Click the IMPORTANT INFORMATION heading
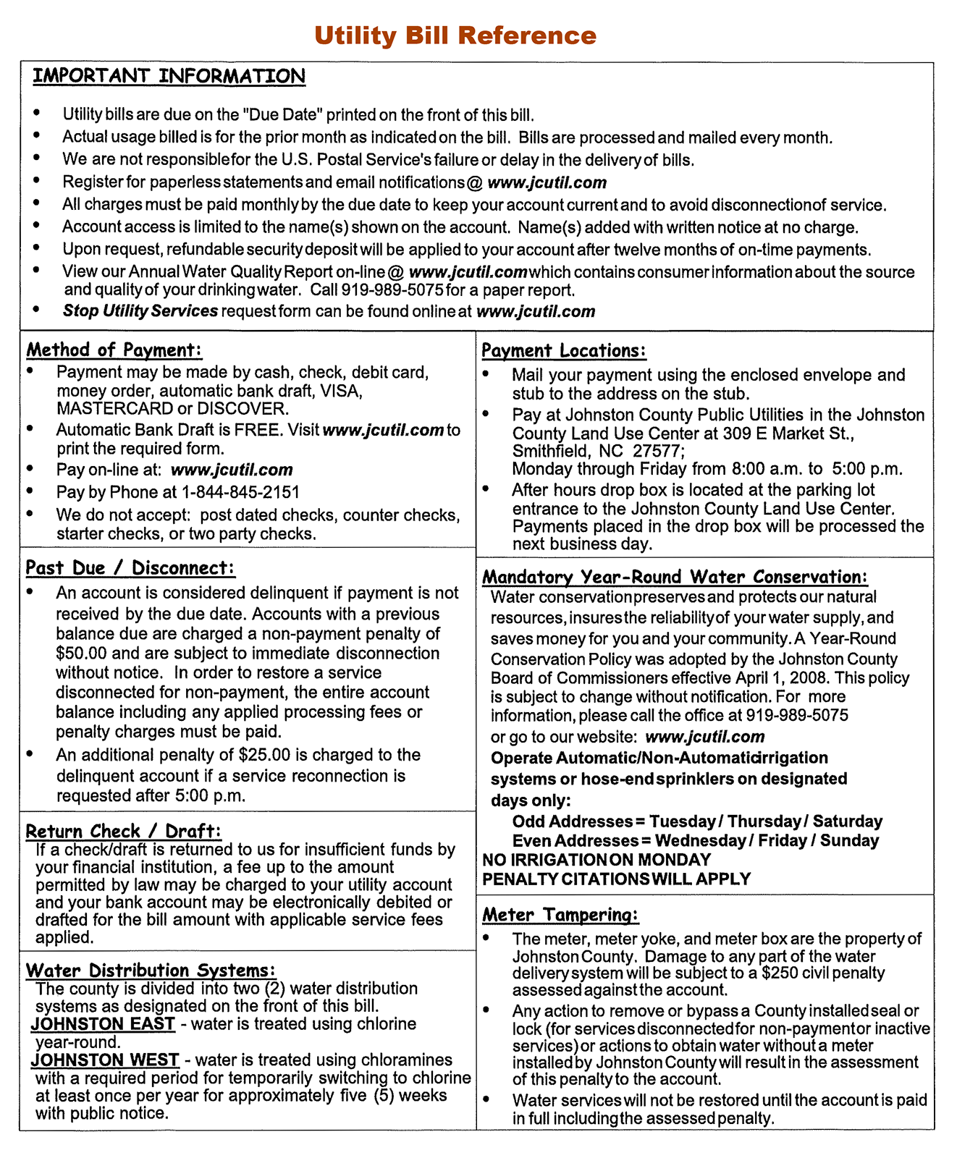point(169,76)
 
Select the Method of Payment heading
point(114,350)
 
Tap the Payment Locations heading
point(564,351)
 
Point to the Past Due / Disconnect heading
point(130,568)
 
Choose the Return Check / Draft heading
point(123,831)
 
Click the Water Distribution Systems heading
point(151,970)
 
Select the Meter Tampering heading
point(560,915)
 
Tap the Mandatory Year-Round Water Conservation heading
point(675,577)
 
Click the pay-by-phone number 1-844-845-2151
point(240,492)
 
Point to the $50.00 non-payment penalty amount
point(82,653)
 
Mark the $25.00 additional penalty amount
point(264,755)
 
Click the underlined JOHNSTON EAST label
point(103,1024)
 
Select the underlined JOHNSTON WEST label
point(105,1060)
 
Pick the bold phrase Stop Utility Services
point(140,311)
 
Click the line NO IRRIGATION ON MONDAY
point(596,860)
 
